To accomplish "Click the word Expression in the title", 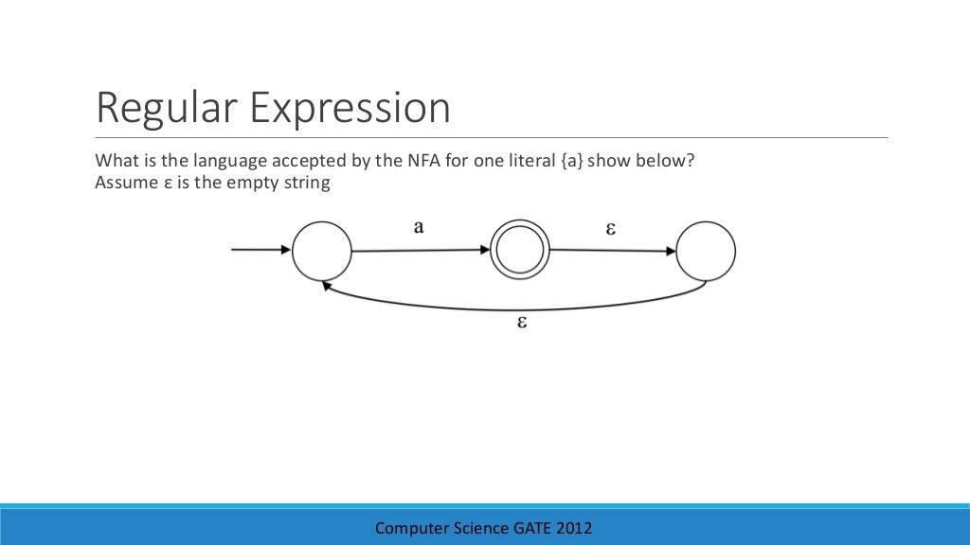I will pos(350,110).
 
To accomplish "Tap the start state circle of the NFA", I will pos(322,251).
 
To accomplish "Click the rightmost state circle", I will pos(707,251).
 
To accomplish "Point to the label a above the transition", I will pos(419,227).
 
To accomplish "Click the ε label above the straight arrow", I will pos(611,228).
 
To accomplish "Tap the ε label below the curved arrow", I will pos(520,322).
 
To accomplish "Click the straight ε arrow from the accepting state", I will pos(612,251).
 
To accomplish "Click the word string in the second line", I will pos(307,183).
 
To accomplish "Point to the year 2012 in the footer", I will pos(574,528).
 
